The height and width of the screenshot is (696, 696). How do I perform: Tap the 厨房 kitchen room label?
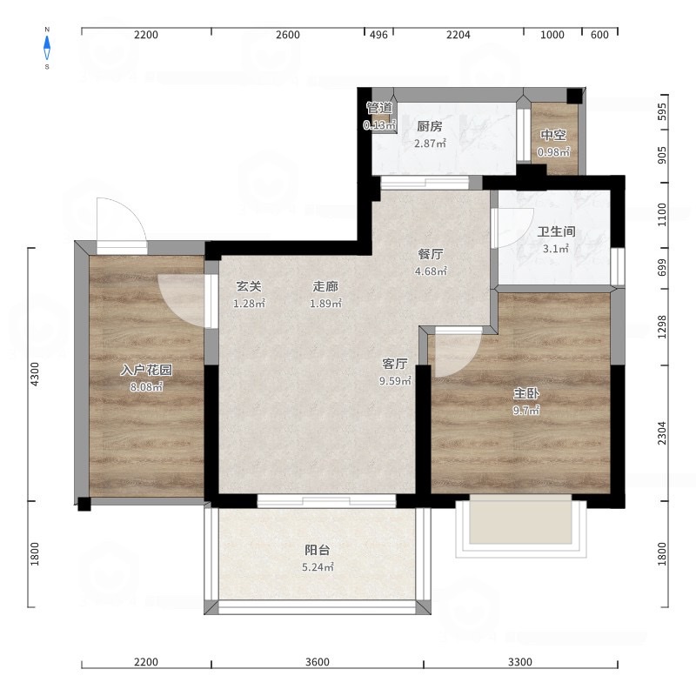(430, 126)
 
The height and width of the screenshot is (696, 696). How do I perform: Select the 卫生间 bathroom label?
(556, 231)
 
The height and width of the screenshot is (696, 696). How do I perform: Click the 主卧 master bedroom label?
(526, 393)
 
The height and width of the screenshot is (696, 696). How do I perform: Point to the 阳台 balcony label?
(318, 550)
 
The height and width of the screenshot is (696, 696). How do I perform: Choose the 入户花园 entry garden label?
(146, 370)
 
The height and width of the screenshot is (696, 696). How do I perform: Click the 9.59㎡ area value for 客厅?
(395, 381)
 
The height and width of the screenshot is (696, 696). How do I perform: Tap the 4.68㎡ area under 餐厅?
(431, 271)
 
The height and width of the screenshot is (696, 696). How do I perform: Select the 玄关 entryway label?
(249, 287)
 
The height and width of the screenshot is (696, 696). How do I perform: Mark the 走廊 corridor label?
(325, 287)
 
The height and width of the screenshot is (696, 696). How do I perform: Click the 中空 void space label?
(553, 135)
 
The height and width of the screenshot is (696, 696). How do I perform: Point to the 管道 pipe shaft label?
(379, 108)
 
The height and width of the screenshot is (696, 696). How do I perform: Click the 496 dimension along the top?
(378, 35)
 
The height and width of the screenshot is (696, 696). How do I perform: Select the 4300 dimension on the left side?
(35, 374)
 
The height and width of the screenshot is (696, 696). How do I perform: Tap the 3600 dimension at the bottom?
(318, 662)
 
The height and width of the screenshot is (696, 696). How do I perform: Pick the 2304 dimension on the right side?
(662, 432)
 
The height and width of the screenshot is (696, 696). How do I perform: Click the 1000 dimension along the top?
(552, 35)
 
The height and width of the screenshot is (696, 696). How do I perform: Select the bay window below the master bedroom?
(520, 526)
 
